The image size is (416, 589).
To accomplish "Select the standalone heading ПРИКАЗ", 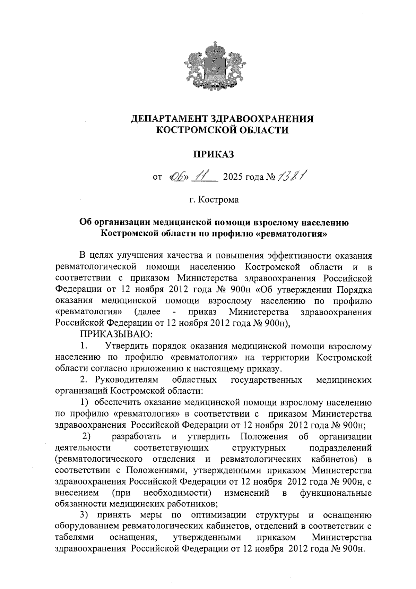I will coord(213,154).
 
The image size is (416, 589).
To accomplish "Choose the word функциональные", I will coord(336,493).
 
